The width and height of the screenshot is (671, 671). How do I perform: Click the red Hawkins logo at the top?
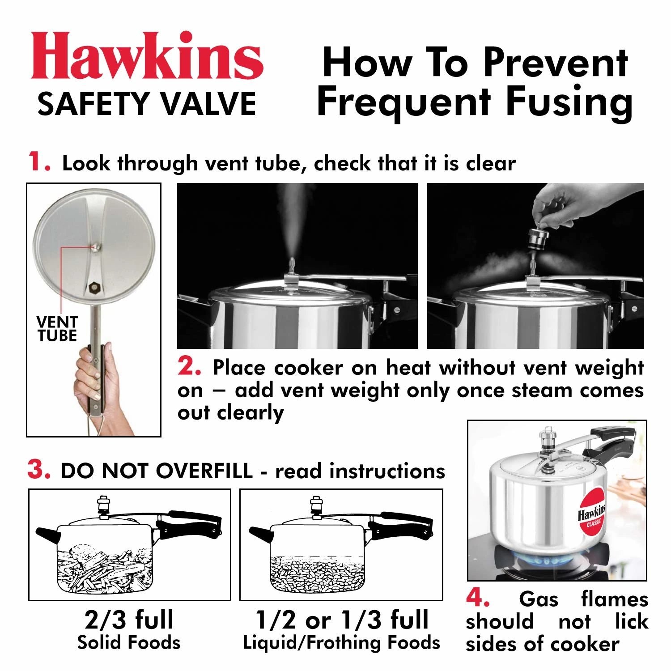(x=147, y=56)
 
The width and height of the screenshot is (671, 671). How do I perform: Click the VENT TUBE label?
(x=57, y=329)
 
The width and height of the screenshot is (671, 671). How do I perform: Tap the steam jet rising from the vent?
(x=291, y=224)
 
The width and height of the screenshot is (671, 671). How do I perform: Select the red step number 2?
(x=189, y=367)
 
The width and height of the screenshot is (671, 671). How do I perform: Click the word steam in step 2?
(x=542, y=390)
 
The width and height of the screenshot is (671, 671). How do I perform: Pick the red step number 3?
(x=38, y=470)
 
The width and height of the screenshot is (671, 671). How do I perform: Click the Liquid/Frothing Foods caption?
(x=341, y=642)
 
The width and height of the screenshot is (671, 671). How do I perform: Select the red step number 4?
(x=478, y=598)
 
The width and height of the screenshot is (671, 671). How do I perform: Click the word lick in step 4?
(x=631, y=621)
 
